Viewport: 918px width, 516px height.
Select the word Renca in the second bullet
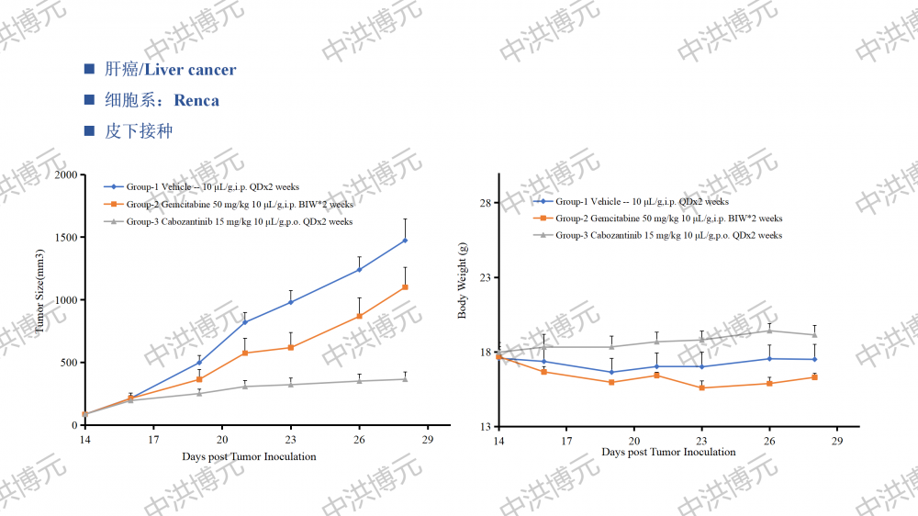point(196,100)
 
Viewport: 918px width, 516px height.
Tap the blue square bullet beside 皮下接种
point(89,131)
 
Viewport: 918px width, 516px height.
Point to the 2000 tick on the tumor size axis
point(65,174)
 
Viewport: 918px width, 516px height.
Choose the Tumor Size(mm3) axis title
point(40,299)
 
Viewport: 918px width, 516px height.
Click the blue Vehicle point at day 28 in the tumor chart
point(405,241)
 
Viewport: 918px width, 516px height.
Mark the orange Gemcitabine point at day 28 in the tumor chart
point(405,287)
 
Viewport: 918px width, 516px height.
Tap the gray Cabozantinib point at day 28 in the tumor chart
point(405,379)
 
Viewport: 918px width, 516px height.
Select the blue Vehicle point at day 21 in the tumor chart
point(245,322)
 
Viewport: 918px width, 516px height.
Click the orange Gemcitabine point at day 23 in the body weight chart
point(701,387)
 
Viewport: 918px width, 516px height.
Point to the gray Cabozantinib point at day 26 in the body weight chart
point(769,331)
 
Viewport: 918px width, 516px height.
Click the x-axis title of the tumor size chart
point(249,456)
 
